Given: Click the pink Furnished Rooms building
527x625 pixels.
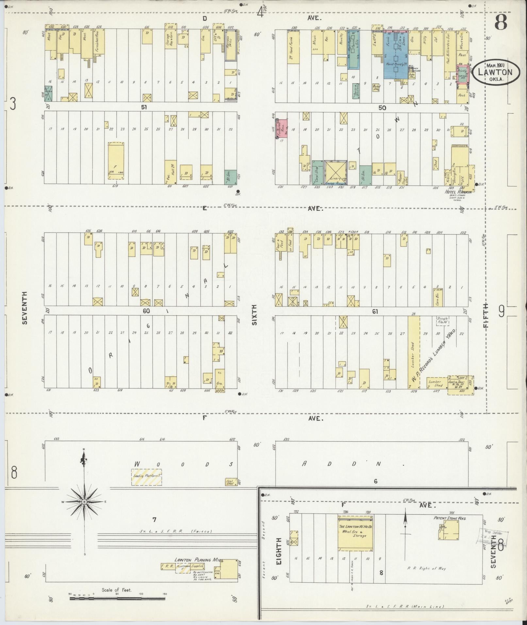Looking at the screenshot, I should click(282, 128).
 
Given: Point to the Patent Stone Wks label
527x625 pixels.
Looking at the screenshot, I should click(450, 518).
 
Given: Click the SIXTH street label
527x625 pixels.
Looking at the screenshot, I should click(255, 314).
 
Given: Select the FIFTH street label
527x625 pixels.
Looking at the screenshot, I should click(486, 315).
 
